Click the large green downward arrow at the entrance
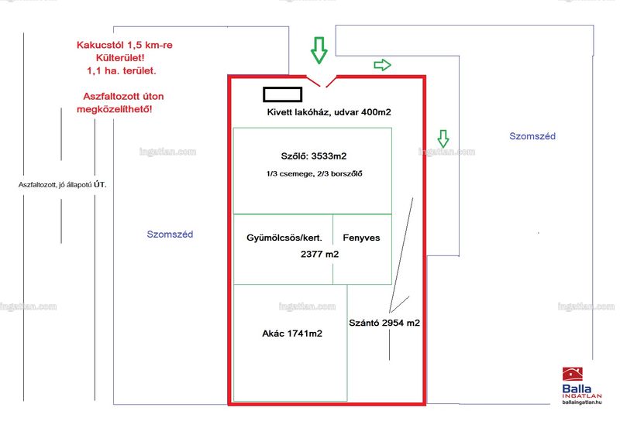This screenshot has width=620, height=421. [x=319, y=50]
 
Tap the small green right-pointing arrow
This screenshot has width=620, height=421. [x=382, y=65]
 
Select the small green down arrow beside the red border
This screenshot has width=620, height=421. [x=443, y=139]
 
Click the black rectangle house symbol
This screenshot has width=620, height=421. [x=283, y=94]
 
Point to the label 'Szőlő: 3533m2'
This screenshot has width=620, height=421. [x=314, y=156]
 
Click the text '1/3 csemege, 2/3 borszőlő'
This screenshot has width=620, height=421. [x=314, y=173]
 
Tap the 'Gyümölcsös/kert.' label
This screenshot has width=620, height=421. [x=284, y=238]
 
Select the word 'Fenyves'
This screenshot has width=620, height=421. [x=361, y=238]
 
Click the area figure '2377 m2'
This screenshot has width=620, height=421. [x=319, y=254]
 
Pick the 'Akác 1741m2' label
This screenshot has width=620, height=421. [x=292, y=334]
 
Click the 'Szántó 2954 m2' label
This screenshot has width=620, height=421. [x=384, y=323]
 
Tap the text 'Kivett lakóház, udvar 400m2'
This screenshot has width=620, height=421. [x=329, y=112]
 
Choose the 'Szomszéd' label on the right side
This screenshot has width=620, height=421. [x=532, y=136]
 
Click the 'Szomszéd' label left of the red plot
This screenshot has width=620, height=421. [x=170, y=234]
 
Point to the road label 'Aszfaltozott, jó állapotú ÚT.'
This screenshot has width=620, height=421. [x=63, y=184]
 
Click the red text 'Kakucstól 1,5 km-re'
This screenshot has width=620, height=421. [x=125, y=45]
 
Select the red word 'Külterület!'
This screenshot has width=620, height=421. [x=120, y=58]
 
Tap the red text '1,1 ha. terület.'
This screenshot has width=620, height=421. [x=122, y=70]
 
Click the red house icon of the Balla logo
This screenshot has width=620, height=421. [x=573, y=374]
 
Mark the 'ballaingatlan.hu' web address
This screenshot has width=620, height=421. [x=582, y=402]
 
